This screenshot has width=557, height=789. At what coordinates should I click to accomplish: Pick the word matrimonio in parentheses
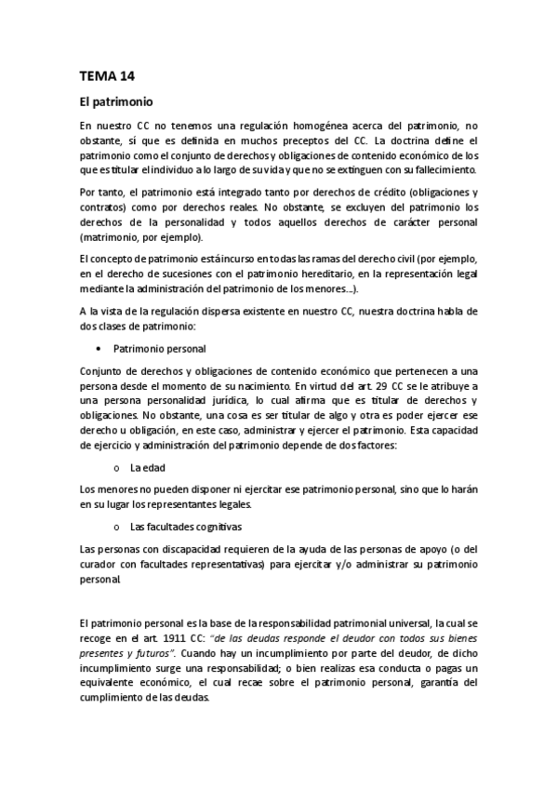(114, 237)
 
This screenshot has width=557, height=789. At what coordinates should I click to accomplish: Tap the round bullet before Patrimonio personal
(98, 348)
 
